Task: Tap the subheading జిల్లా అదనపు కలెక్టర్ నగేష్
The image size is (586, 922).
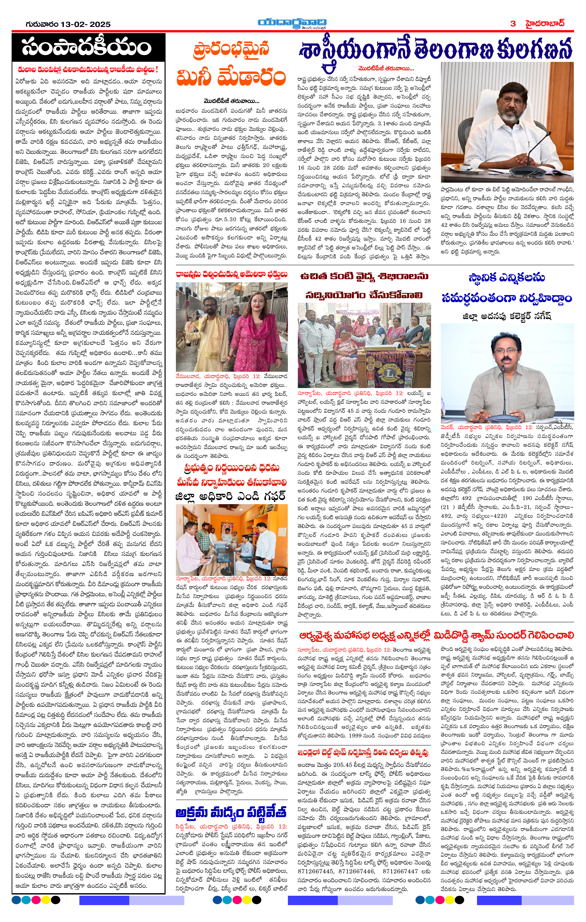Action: (507, 316)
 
